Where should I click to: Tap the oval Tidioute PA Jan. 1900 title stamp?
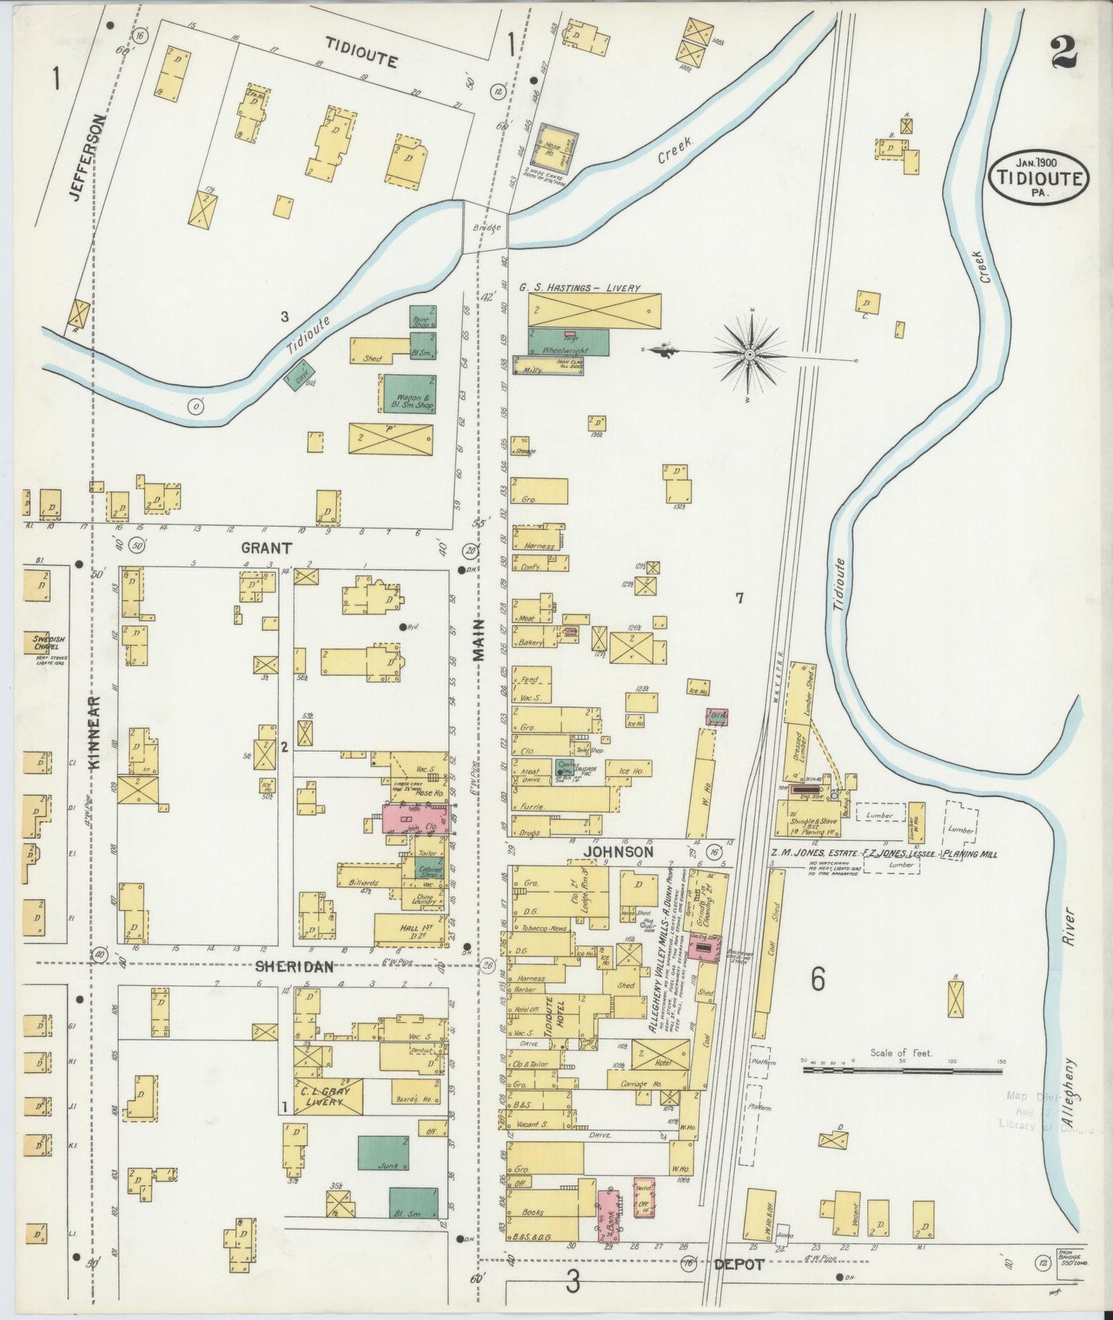(1039, 177)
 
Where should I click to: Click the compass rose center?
(749, 354)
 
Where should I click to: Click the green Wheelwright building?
(568, 342)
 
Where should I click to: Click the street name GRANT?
(267, 548)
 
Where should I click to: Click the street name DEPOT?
(738, 1265)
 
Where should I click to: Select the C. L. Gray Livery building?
(327, 1096)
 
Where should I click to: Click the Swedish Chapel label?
(46, 642)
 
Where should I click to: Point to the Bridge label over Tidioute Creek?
(487, 228)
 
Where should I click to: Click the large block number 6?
(817, 979)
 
